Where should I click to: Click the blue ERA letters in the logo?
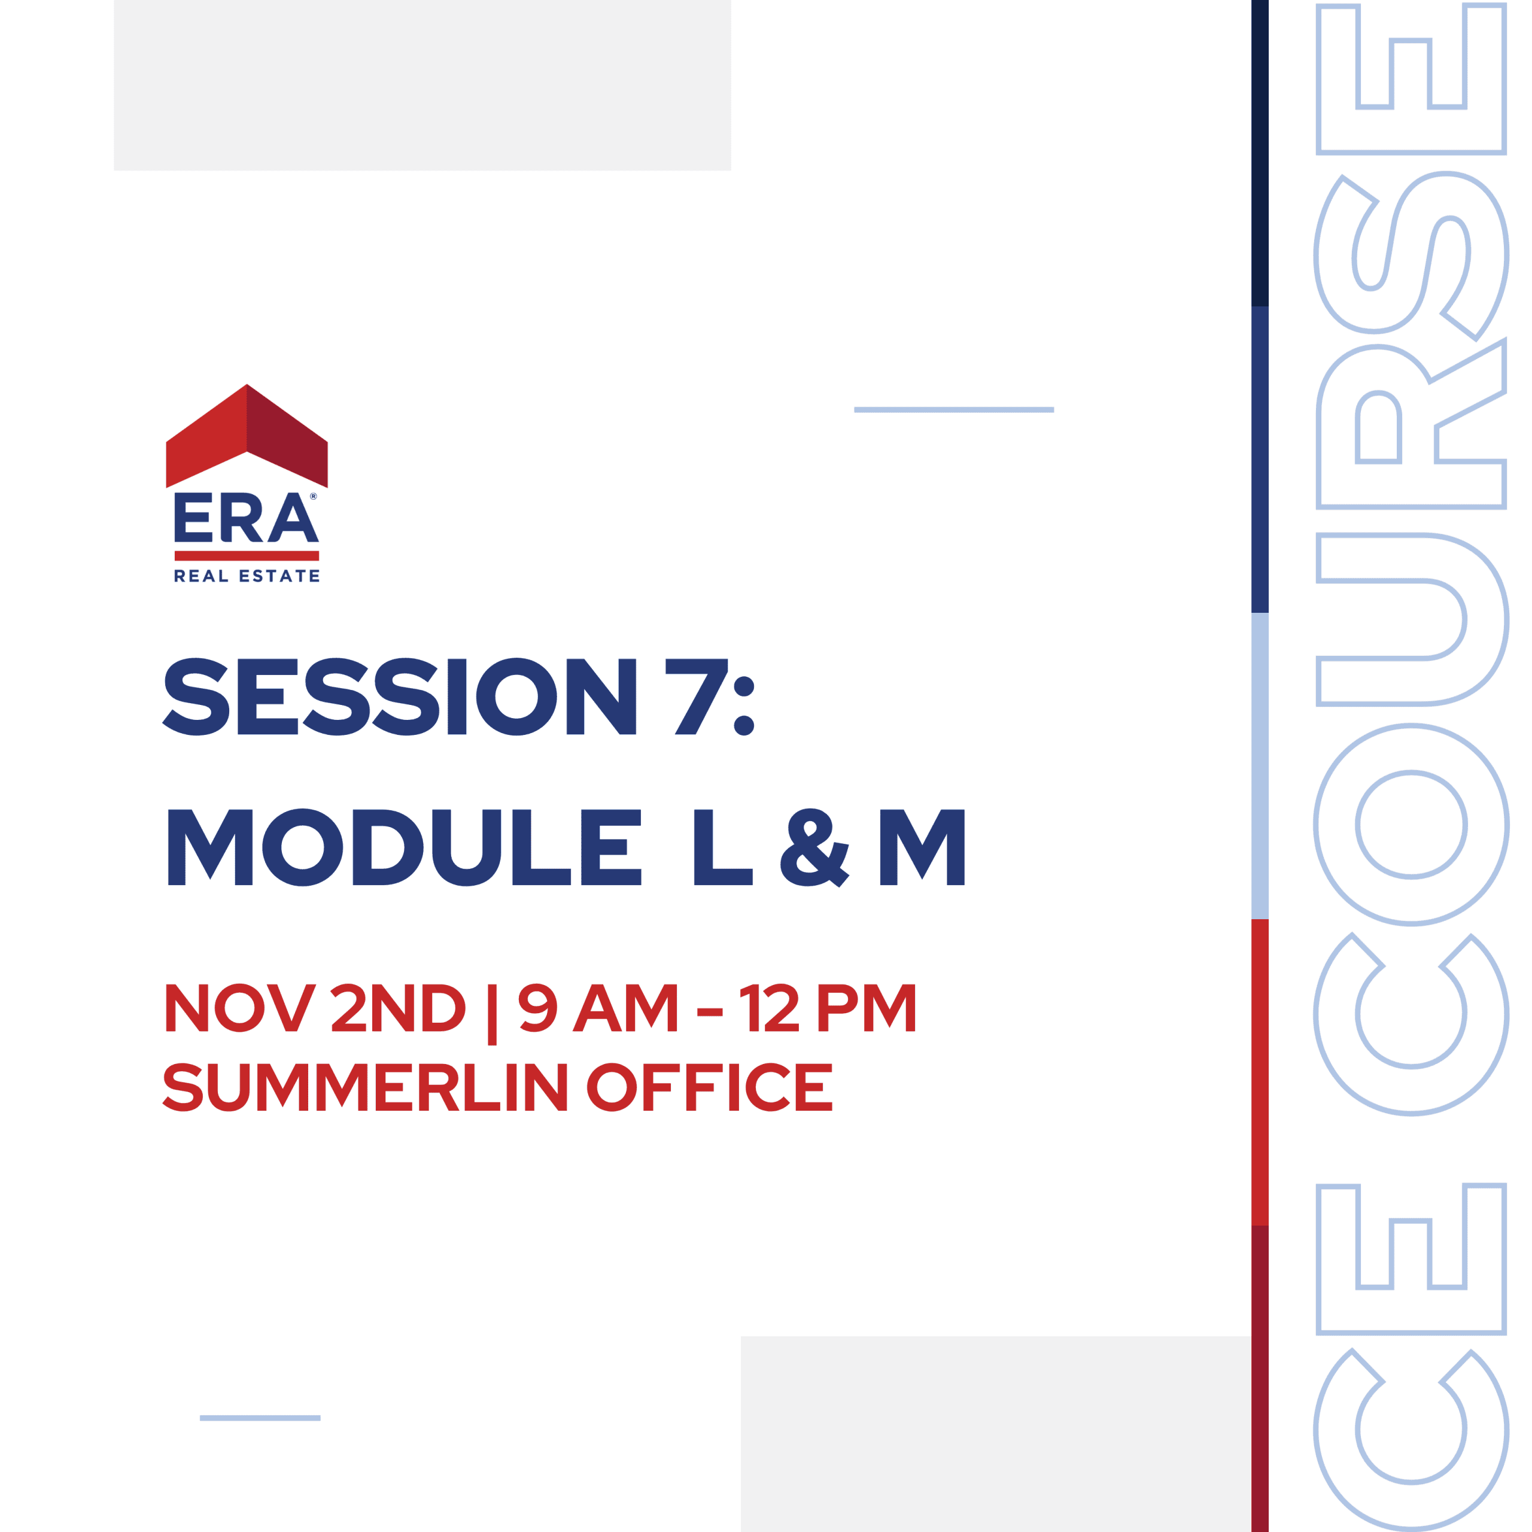[247, 517]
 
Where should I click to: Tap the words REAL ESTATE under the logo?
[247, 576]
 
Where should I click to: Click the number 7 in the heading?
[696, 696]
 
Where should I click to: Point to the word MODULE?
[405, 847]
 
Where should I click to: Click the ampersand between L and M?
[814, 847]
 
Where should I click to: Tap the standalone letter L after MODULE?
[722, 847]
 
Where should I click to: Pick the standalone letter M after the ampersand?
[922, 847]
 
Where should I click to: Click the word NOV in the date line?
[240, 1007]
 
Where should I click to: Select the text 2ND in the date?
[397, 1007]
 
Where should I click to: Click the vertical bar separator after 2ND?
[492, 1014]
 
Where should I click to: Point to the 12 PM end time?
[827, 1007]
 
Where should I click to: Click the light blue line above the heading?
[953, 410]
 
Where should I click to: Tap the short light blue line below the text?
[260, 1418]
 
